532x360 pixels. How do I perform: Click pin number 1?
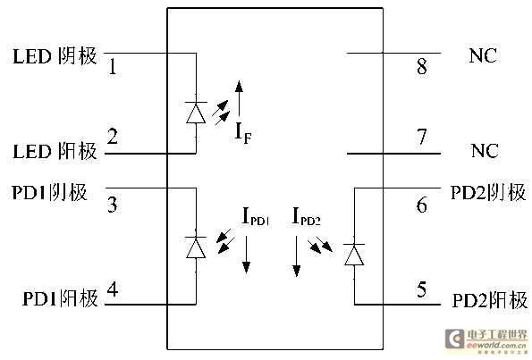click(x=113, y=66)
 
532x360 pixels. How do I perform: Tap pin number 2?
click(x=113, y=137)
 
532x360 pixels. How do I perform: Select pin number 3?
click(x=113, y=205)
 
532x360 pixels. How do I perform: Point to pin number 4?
click(x=113, y=289)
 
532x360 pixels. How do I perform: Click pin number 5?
click(x=421, y=289)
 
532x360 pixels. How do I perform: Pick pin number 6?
click(x=422, y=205)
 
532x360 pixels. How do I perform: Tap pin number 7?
click(x=422, y=137)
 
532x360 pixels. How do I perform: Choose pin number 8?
click(x=422, y=66)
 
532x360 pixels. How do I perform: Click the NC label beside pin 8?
click(x=483, y=55)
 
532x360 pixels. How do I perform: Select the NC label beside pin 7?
click(x=485, y=151)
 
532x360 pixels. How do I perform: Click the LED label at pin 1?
click(x=32, y=56)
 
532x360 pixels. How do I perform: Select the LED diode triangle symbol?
click(x=196, y=113)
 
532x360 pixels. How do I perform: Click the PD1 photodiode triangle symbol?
click(x=196, y=248)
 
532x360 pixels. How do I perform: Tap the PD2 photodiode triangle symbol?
click(x=354, y=255)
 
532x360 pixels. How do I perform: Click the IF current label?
click(x=243, y=132)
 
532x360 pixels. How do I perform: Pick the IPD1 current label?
click(x=256, y=217)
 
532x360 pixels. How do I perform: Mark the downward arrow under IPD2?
click(x=297, y=256)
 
